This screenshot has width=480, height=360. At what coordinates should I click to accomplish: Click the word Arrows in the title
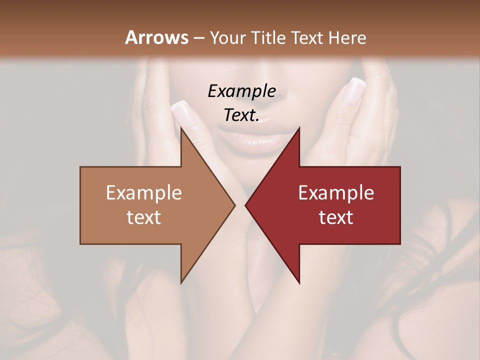(x=156, y=37)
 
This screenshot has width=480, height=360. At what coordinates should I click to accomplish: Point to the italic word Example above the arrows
(x=241, y=91)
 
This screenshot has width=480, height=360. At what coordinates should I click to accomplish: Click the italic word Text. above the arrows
(x=241, y=115)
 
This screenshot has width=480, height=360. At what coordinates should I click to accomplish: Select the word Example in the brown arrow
(x=143, y=192)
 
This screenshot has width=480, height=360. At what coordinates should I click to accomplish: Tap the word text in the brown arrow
(x=143, y=217)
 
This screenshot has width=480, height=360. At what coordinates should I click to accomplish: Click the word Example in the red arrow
(x=336, y=192)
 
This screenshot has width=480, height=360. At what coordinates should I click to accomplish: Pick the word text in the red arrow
(x=336, y=217)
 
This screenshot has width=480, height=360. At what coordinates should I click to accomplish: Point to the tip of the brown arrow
(x=235, y=205)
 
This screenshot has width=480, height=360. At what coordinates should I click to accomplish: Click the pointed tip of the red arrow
(x=245, y=205)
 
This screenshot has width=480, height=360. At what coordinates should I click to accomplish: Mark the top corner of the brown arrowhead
(x=181, y=127)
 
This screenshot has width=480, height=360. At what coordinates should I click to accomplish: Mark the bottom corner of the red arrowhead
(x=299, y=283)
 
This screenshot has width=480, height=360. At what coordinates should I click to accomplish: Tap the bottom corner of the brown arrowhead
(x=181, y=283)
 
